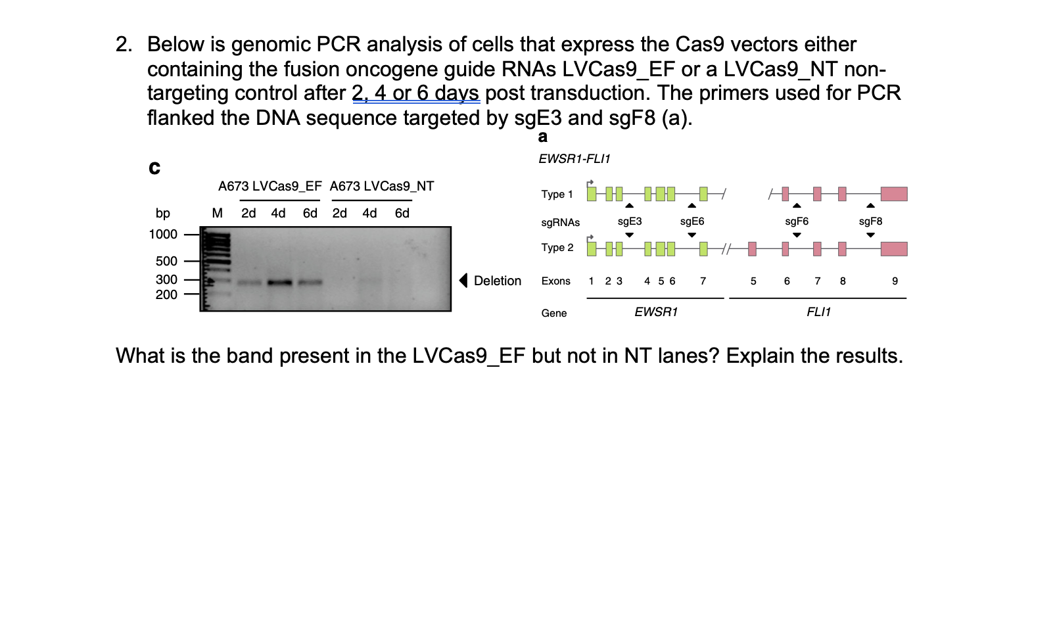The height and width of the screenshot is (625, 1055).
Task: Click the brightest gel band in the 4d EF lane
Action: point(279,283)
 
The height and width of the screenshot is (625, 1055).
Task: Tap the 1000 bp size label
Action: point(163,235)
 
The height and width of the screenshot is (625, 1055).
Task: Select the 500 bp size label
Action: point(166,262)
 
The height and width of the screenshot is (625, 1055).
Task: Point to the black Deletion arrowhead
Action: point(463,281)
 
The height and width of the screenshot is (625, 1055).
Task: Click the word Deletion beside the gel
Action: point(498,281)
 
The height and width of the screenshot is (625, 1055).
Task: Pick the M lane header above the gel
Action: point(218,213)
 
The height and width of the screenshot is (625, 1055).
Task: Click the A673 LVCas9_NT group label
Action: point(382,186)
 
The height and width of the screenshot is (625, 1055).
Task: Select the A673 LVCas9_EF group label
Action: point(270,186)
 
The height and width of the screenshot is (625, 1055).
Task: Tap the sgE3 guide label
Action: point(630,221)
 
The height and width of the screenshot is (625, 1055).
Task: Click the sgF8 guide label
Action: point(870,221)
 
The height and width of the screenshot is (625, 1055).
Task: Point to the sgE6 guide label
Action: point(692,221)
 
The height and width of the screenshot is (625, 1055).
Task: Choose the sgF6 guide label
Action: point(797,221)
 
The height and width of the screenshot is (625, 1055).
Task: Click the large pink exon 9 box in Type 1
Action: point(894,194)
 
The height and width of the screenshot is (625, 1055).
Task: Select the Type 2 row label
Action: point(557,248)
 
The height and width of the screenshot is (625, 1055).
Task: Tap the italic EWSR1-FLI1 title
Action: point(574,159)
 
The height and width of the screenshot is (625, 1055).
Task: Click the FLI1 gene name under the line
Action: point(818,312)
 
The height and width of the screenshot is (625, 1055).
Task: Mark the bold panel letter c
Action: point(154,168)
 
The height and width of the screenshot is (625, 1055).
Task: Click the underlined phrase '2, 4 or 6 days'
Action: point(415,93)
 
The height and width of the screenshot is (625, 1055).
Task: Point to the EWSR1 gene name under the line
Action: point(656,312)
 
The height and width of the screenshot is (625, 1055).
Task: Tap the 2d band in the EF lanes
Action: point(249,283)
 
